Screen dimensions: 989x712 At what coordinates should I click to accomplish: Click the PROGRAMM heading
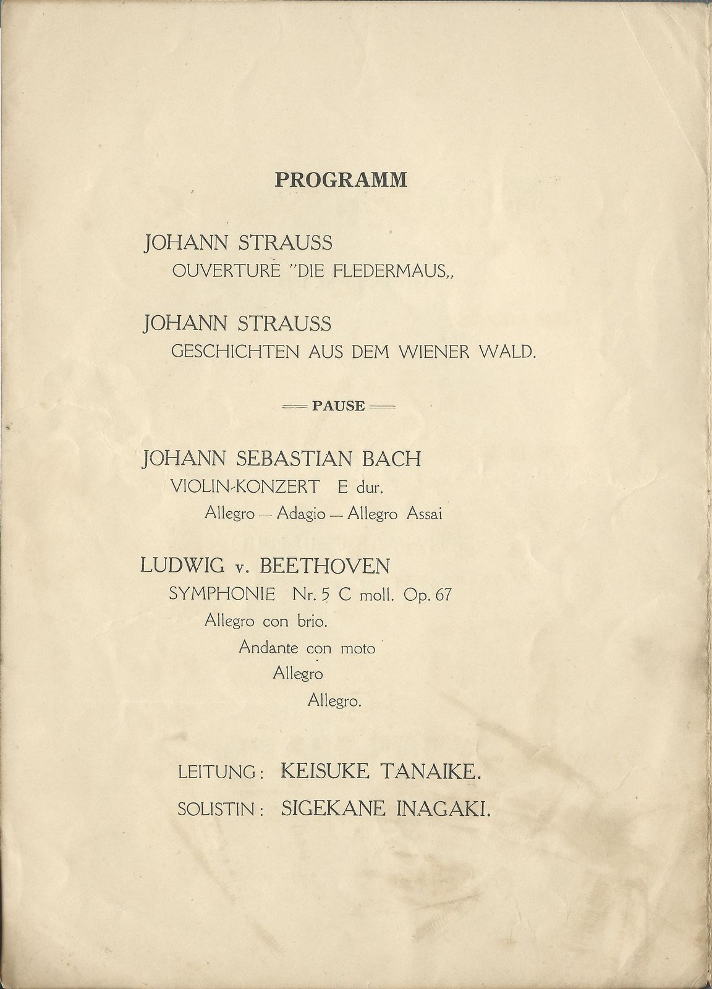(341, 180)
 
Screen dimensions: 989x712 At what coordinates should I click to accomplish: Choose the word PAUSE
(338, 407)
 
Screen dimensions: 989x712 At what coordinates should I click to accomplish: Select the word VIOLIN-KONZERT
(245, 487)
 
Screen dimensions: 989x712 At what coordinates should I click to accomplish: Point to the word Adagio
(301, 514)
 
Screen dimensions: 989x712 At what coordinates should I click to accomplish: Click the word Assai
(424, 514)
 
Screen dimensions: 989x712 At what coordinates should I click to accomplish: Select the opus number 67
(443, 595)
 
